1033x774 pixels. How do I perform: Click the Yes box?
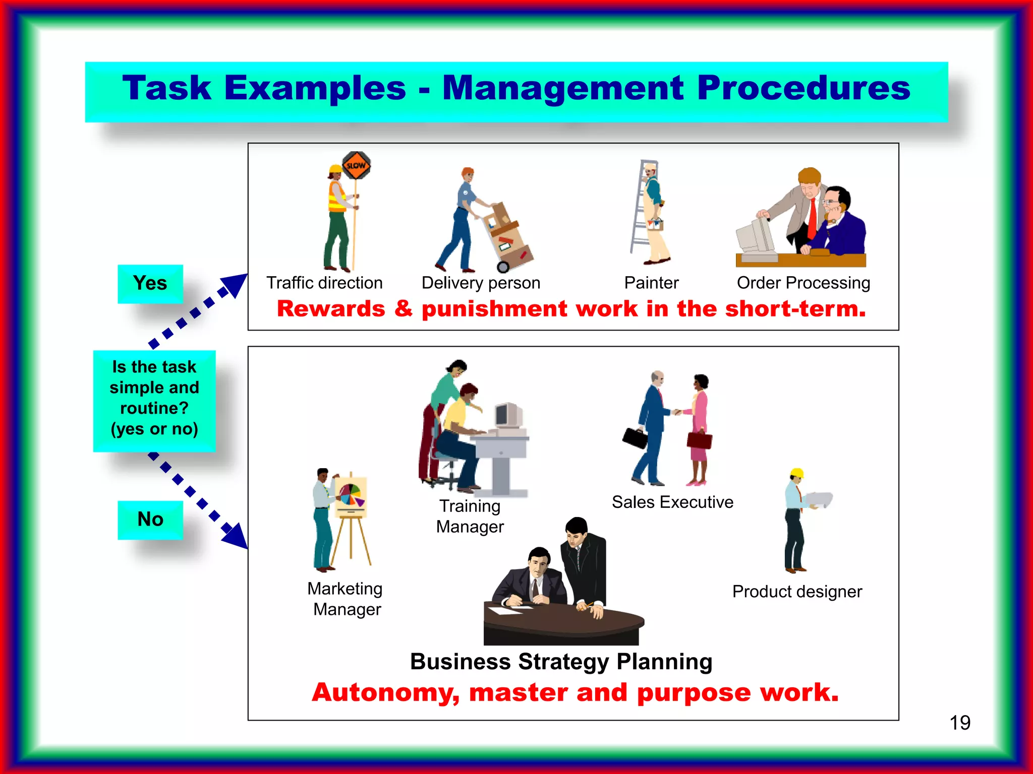[150, 284]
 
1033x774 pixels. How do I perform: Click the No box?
[150, 520]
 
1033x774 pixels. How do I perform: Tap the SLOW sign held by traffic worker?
[356, 165]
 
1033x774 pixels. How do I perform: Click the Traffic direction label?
[324, 283]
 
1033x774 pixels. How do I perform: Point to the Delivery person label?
[481, 283]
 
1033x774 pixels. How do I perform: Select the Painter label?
[651, 283]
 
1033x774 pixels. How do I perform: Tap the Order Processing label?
[803, 283]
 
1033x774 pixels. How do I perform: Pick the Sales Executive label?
[672, 502]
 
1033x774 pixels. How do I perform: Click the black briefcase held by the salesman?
[635, 437]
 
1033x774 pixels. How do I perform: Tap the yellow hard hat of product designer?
[796, 473]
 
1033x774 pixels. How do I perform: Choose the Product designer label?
[797, 592]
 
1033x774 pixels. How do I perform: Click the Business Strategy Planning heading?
[561, 662]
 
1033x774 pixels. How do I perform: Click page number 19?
[959, 723]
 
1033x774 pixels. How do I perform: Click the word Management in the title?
[563, 88]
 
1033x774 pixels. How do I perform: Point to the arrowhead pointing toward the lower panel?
[236, 537]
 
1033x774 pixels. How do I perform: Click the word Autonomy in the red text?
[385, 693]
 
